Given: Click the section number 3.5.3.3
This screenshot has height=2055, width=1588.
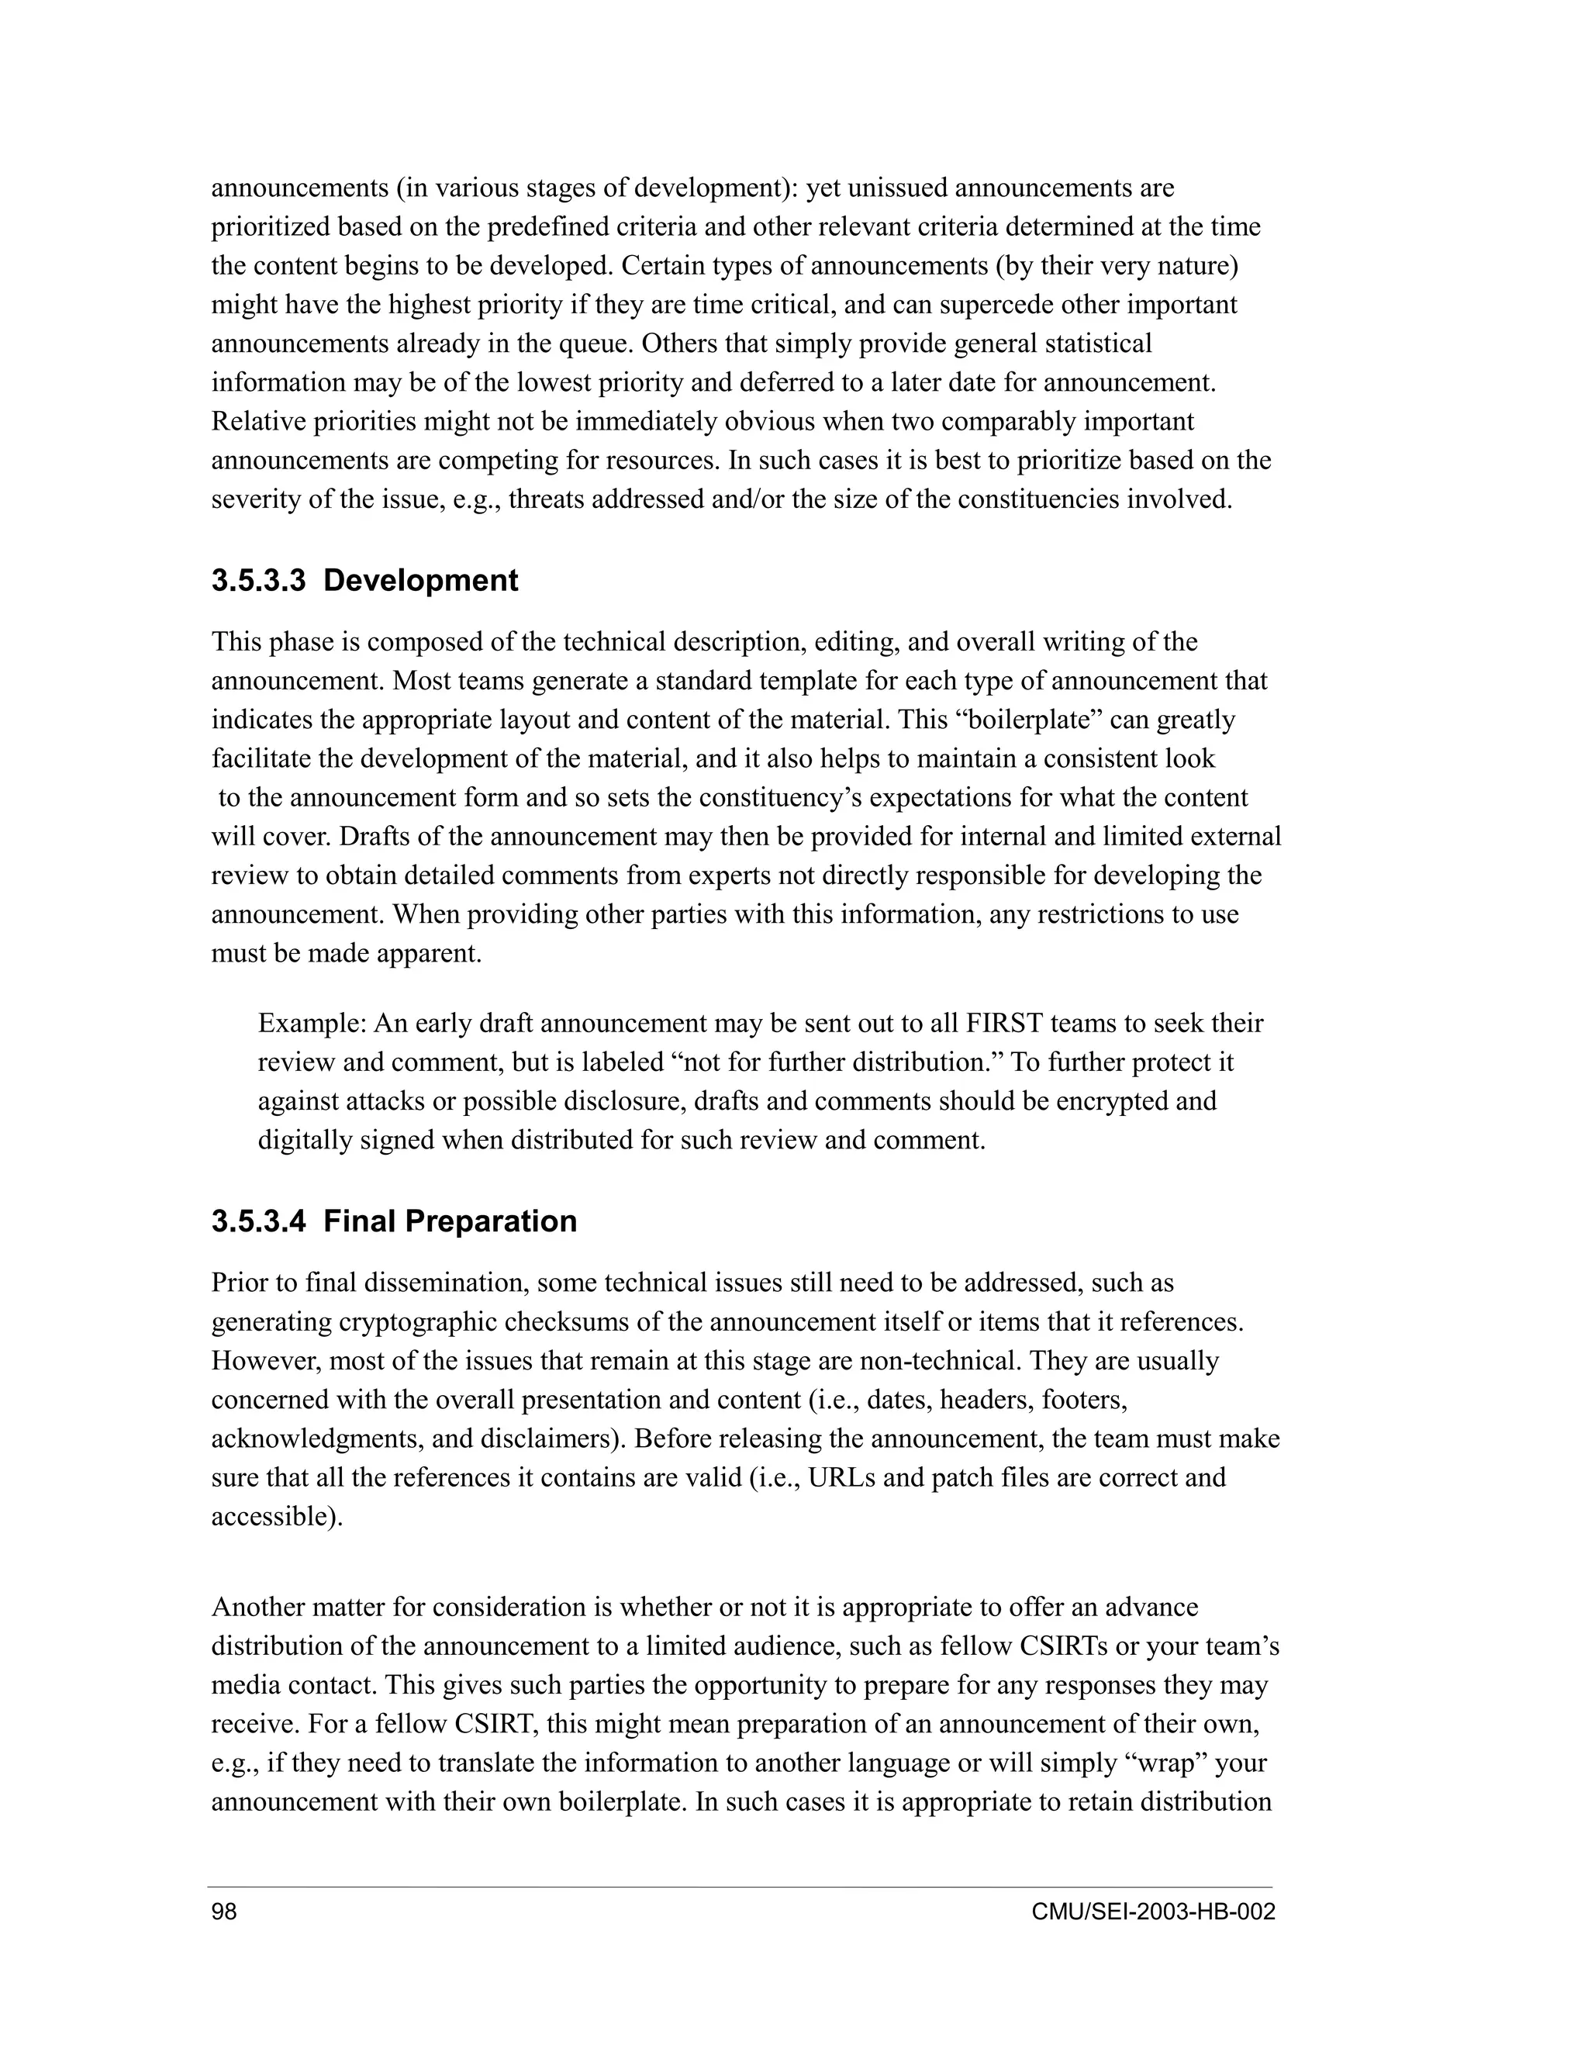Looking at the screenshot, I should (257, 581).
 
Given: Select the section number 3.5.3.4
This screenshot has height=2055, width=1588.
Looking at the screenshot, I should (257, 1221).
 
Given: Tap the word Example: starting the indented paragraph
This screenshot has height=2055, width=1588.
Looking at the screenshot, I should (312, 1023).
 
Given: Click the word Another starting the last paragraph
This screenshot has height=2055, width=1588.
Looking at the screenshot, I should (256, 1606).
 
